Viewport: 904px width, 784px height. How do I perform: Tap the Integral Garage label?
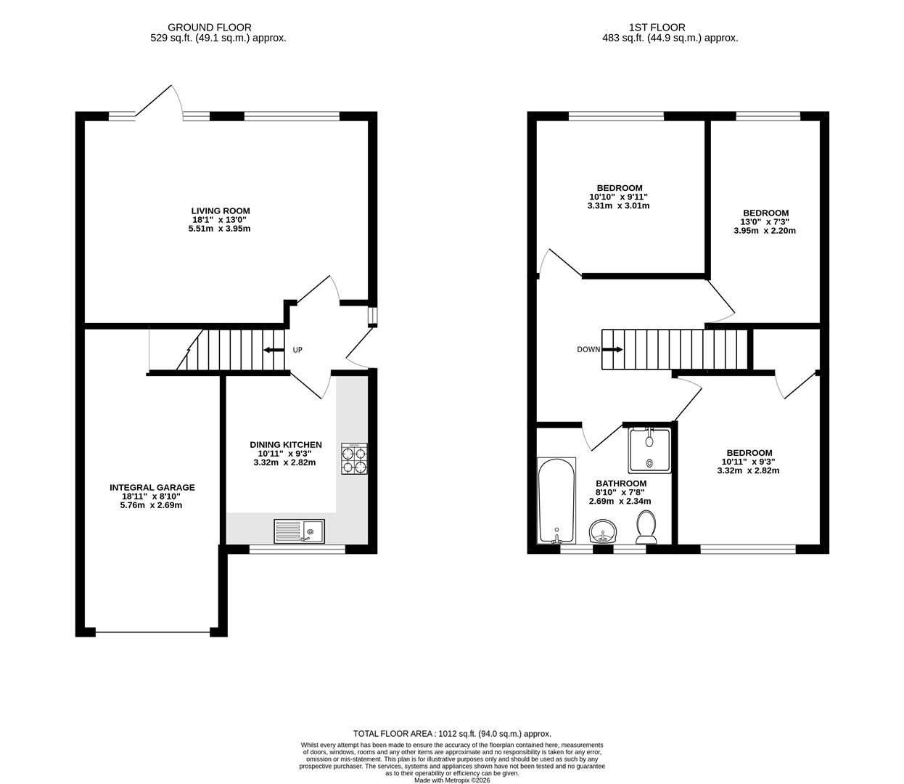click(x=152, y=488)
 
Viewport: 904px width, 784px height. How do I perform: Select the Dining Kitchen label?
click(x=285, y=445)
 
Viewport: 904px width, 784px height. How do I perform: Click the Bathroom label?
click(x=620, y=483)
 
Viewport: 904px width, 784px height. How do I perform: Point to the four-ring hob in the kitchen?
click(x=354, y=460)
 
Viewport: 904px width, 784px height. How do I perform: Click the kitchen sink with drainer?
click(x=300, y=531)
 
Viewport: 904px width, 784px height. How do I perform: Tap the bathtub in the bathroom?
click(x=556, y=501)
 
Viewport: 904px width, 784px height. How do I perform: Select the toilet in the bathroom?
click(x=646, y=526)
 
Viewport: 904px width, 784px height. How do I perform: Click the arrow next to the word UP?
click(x=274, y=350)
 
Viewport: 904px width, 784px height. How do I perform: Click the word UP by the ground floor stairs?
click(x=297, y=350)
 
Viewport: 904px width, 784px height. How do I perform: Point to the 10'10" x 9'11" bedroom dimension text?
click(x=619, y=197)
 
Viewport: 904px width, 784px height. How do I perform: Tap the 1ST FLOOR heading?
click(x=670, y=28)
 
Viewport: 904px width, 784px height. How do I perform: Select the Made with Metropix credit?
click(x=452, y=780)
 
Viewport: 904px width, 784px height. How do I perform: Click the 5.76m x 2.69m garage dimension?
click(x=152, y=505)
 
